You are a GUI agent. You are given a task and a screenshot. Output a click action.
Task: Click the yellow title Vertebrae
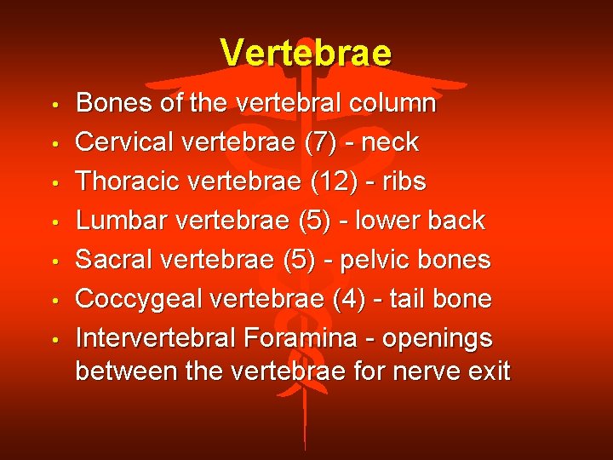306,53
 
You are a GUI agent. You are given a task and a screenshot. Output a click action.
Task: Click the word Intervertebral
155,338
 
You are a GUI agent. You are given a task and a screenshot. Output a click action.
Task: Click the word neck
390,142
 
